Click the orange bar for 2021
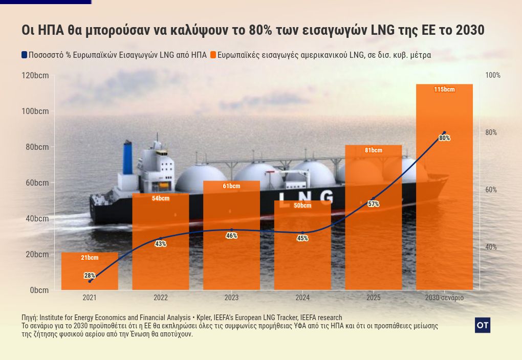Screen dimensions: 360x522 point(90,271)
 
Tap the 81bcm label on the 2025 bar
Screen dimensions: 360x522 point(374,150)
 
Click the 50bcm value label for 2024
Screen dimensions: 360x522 point(302,206)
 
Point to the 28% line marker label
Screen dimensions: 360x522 point(90,276)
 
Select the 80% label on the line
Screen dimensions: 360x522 point(444,138)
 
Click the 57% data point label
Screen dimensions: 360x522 point(374,204)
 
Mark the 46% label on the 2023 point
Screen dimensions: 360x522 point(231,236)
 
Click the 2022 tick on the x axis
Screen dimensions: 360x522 point(161,298)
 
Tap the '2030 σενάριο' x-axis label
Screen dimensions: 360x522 point(444,298)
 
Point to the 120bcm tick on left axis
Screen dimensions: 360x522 point(35,76)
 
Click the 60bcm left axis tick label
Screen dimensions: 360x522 point(37,183)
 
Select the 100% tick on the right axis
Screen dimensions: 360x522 point(493,76)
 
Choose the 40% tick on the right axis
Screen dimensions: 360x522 point(491,247)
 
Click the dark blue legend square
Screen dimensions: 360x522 point(24,55)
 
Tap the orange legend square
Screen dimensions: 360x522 point(213,55)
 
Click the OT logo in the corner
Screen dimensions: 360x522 point(482,325)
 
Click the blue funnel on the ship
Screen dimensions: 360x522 point(127,157)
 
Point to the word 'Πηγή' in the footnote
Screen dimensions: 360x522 point(29,318)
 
